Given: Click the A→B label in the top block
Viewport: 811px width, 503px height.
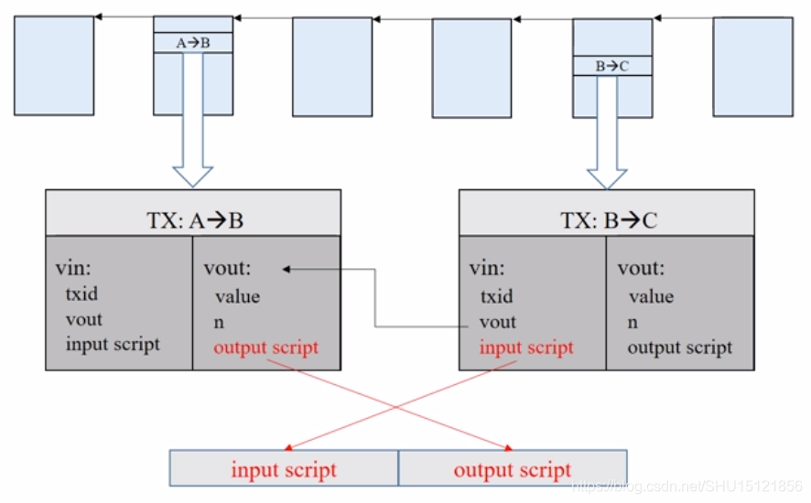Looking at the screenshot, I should [x=192, y=42].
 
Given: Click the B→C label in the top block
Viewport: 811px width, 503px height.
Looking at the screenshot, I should [x=611, y=66].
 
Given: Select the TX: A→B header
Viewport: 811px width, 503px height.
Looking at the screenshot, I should [x=192, y=220].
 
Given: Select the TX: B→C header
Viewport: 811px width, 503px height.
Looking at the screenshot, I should [x=607, y=220].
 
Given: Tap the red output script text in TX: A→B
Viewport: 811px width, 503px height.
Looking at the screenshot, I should [x=265, y=348].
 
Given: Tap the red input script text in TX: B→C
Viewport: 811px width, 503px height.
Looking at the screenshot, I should [x=526, y=348].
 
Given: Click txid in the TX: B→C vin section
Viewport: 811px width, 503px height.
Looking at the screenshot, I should [x=497, y=296].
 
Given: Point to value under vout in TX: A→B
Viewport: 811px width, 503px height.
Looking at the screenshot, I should [x=238, y=296].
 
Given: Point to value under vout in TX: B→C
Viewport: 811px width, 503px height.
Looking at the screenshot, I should [x=651, y=296].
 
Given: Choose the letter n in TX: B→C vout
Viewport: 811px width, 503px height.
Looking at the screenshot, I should [x=633, y=322].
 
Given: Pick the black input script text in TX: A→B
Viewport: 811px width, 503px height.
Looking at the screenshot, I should [x=113, y=344].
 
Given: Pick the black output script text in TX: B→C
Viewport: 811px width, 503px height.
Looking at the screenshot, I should [x=680, y=348].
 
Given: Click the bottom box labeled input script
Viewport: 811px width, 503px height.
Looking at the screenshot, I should [x=284, y=469].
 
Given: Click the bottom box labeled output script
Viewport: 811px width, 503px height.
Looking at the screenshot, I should [x=513, y=469].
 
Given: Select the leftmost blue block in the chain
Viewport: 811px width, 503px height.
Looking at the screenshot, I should [x=54, y=65].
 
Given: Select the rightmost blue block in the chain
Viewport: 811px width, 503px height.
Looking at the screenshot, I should [x=752, y=67].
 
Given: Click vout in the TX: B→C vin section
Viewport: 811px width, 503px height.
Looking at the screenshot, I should [x=498, y=322].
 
